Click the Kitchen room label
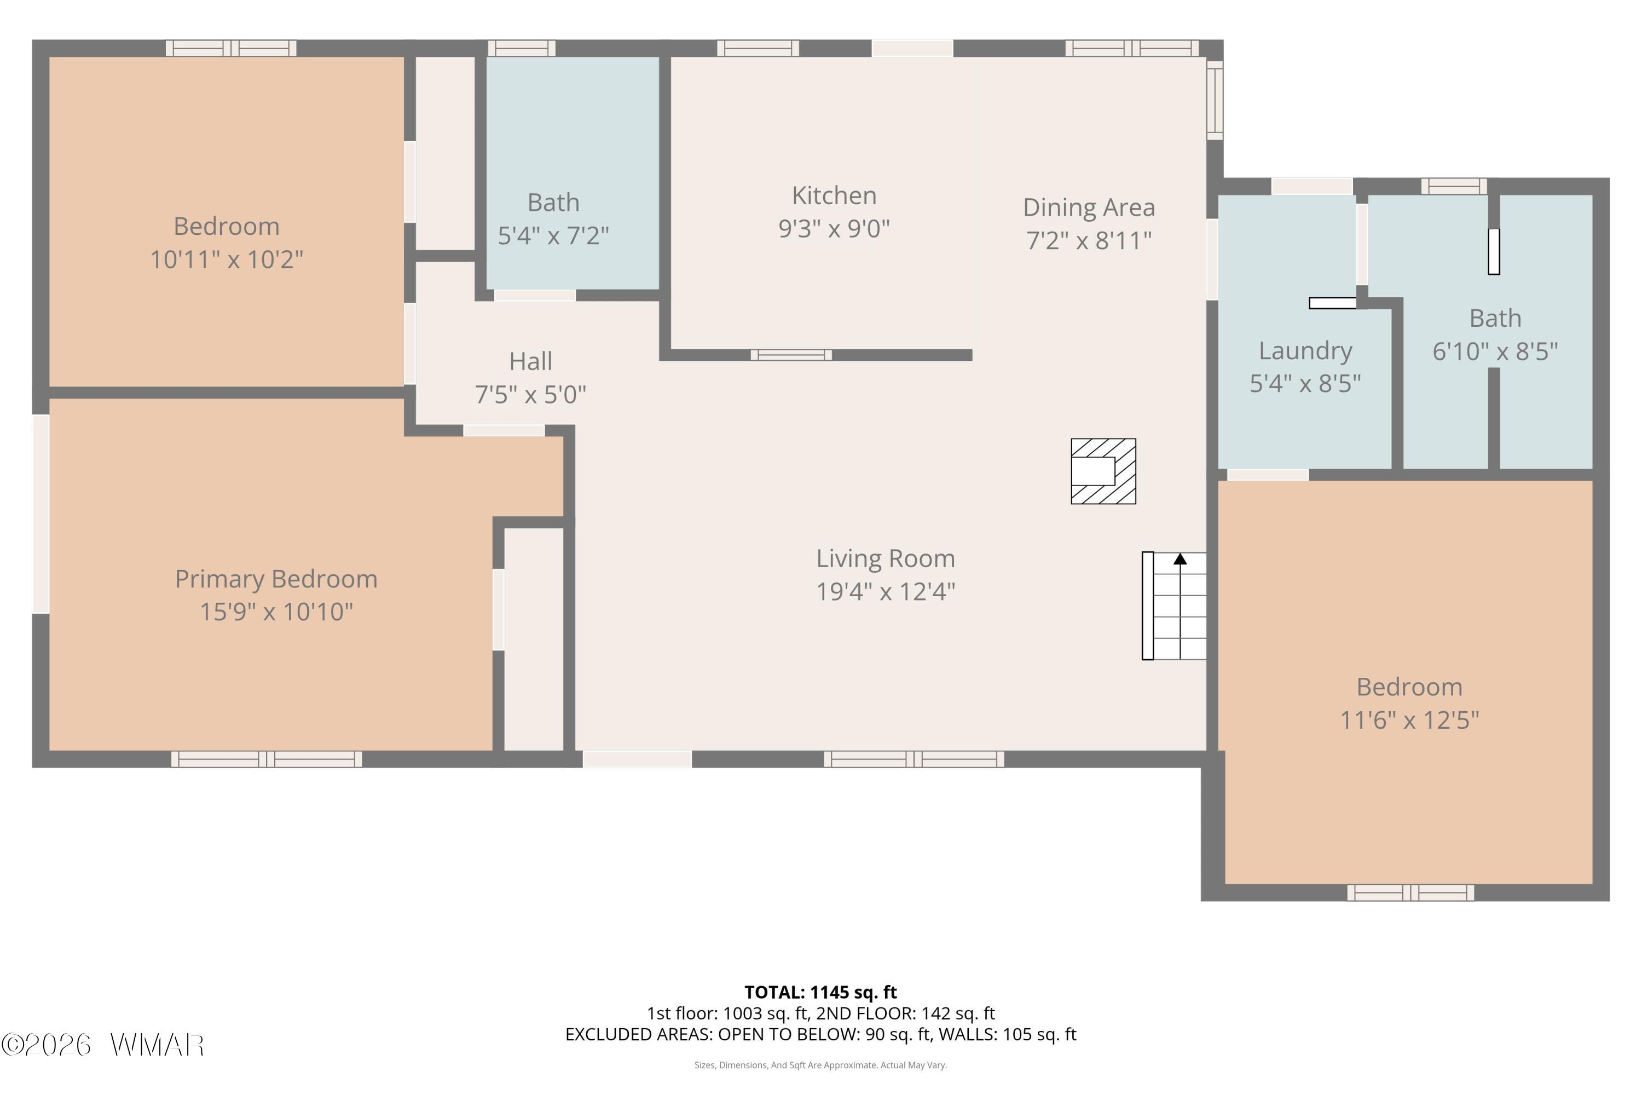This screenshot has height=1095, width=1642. (834, 195)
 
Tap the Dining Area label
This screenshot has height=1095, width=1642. (1089, 208)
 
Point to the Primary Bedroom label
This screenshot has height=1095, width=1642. (276, 579)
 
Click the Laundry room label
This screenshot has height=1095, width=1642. (1305, 350)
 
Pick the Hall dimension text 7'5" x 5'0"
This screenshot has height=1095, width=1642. (530, 395)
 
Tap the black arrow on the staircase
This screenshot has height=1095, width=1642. (1180, 558)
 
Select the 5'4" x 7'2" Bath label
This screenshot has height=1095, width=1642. (553, 203)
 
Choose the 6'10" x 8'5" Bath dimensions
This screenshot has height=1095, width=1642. (1495, 351)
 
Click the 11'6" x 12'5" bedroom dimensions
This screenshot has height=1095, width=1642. (1409, 720)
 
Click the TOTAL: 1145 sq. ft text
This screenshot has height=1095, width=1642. (820, 992)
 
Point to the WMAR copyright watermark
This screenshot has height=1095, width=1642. (103, 1045)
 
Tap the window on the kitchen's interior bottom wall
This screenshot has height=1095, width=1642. (791, 355)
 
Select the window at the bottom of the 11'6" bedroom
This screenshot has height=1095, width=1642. (1410, 892)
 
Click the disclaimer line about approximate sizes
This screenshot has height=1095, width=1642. (820, 1065)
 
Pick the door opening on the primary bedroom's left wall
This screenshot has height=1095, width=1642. (41, 514)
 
